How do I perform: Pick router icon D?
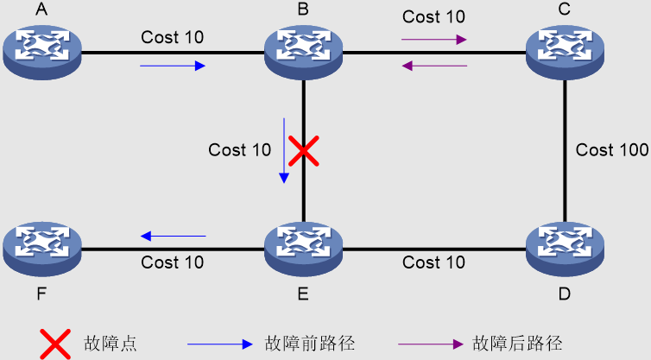pyautogui.click(x=565, y=249)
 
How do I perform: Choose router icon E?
pyautogui.click(x=303, y=249)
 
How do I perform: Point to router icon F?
pyautogui.click(x=41, y=249)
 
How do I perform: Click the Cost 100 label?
pyautogui.click(x=611, y=150)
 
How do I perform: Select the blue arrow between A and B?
pyautogui.click(x=173, y=65)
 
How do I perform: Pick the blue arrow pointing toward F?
pyautogui.click(x=173, y=236)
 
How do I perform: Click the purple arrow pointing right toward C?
pyautogui.click(x=434, y=39)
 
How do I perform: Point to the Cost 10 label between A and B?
pyautogui.click(x=173, y=38)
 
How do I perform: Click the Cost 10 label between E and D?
pyautogui.click(x=433, y=262)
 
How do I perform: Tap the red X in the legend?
pyautogui.click(x=55, y=343)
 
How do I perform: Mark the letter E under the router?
pyautogui.click(x=303, y=294)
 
